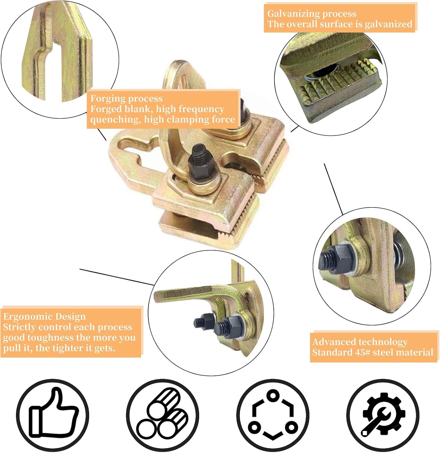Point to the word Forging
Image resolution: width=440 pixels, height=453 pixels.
105,98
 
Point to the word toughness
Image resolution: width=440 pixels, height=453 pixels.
51,338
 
